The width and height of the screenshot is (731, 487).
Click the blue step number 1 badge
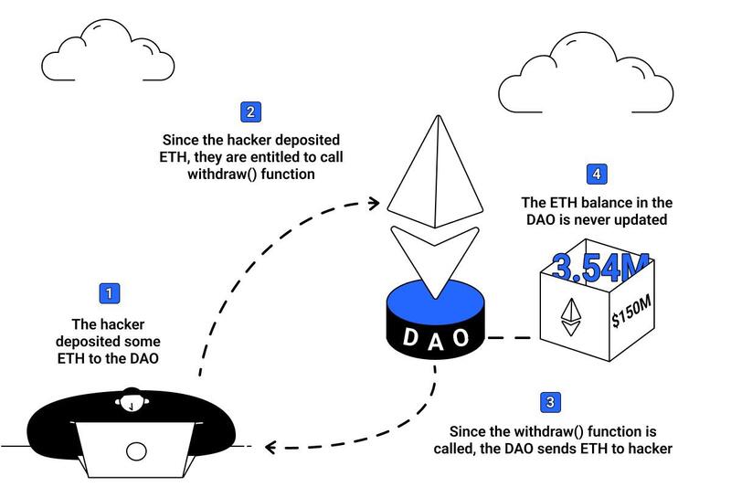point(110,293)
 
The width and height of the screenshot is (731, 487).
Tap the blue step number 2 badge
point(250,112)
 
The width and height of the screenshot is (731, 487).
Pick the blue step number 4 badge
point(597,174)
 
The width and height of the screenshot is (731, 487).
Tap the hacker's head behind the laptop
point(135,402)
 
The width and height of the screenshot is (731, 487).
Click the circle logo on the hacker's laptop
point(135,451)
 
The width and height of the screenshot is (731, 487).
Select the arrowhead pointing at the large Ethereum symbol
point(373,200)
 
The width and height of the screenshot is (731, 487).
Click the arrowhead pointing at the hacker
point(269,447)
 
